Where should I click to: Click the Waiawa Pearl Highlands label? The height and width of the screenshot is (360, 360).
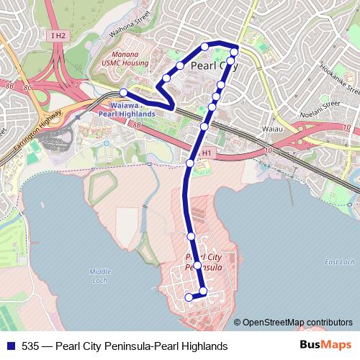pyautogui.click(x=127, y=109)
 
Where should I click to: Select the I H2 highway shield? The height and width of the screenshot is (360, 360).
pyautogui.click(x=59, y=35)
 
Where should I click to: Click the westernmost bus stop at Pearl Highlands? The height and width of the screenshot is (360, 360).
pyautogui.click(x=124, y=92)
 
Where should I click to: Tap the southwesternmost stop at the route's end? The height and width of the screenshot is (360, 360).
pyautogui.click(x=189, y=297)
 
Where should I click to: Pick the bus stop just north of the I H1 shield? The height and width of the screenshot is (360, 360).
pyautogui.click(x=204, y=127)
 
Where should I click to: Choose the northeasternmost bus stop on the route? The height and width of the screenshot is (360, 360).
pyautogui.click(x=234, y=52)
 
